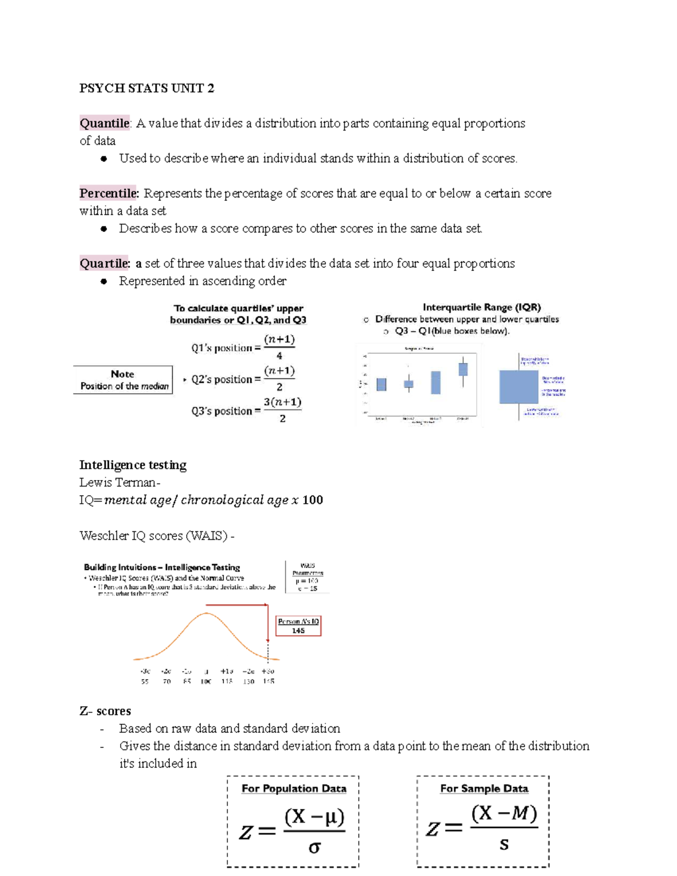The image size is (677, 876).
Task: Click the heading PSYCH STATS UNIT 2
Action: (x=147, y=89)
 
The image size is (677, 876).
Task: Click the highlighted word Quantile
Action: (x=104, y=124)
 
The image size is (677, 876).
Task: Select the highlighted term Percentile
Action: (x=108, y=193)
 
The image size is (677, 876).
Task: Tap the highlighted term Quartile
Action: (x=104, y=263)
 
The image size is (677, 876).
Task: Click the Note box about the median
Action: (x=123, y=380)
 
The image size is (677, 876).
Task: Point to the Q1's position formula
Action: (x=243, y=347)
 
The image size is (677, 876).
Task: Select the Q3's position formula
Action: (x=246, y=411)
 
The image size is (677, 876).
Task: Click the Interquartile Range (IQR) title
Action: (x=481, y=307)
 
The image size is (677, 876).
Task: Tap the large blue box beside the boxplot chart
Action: (x=518, y=386)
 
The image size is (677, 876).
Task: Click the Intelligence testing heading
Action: (x=133, y=465)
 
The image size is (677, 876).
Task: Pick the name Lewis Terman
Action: (x=118, y=482)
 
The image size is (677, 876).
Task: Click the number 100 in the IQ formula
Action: (x=313, y=500)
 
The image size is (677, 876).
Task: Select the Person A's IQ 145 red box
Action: (x=298, y=626)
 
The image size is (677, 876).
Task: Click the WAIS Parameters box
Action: (x=307, y=576)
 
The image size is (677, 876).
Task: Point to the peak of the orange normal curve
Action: (x=207, y=613)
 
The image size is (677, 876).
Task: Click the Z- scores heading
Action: (x=105, y=711)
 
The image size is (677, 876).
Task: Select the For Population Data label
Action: (x=294, y=789)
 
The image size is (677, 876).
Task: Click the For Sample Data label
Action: (x=483, y=789)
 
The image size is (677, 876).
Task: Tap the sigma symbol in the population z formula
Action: (x=314, y=847)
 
